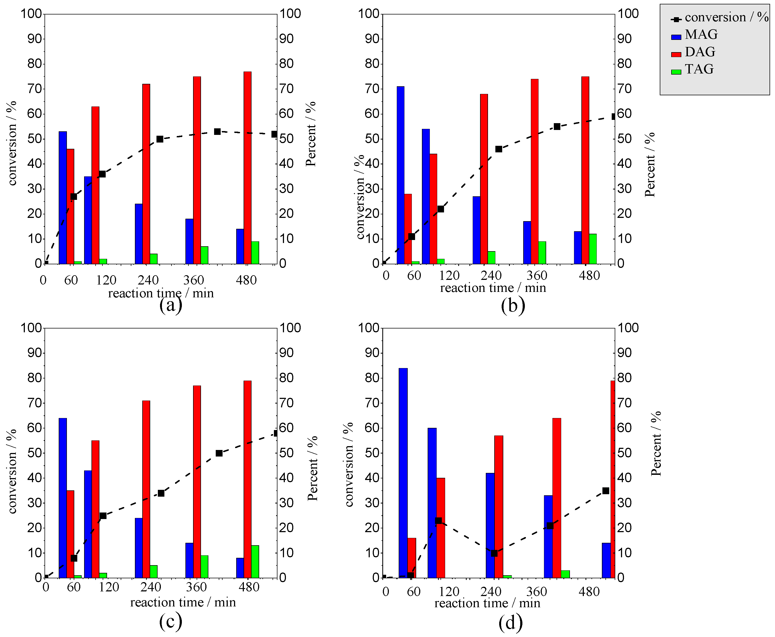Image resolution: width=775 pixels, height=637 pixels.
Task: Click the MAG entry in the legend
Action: [x=701, y=34]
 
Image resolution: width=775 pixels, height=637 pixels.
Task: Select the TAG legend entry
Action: [x=699, y=69]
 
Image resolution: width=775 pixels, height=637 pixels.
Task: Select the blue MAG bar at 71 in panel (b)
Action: [x=400, y=175]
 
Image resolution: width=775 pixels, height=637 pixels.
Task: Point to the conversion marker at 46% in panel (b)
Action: [x=499, y=149]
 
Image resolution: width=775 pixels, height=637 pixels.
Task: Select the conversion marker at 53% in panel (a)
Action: [x=217, y=131]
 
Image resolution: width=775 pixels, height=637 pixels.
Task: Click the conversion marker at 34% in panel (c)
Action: [x=161, y=493]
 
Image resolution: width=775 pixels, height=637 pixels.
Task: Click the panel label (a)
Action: [x=171, y=305]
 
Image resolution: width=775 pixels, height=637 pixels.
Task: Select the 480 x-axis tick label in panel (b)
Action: [x=589, y=275]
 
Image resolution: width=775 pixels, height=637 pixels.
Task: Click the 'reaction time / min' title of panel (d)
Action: [x=487, y=603]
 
